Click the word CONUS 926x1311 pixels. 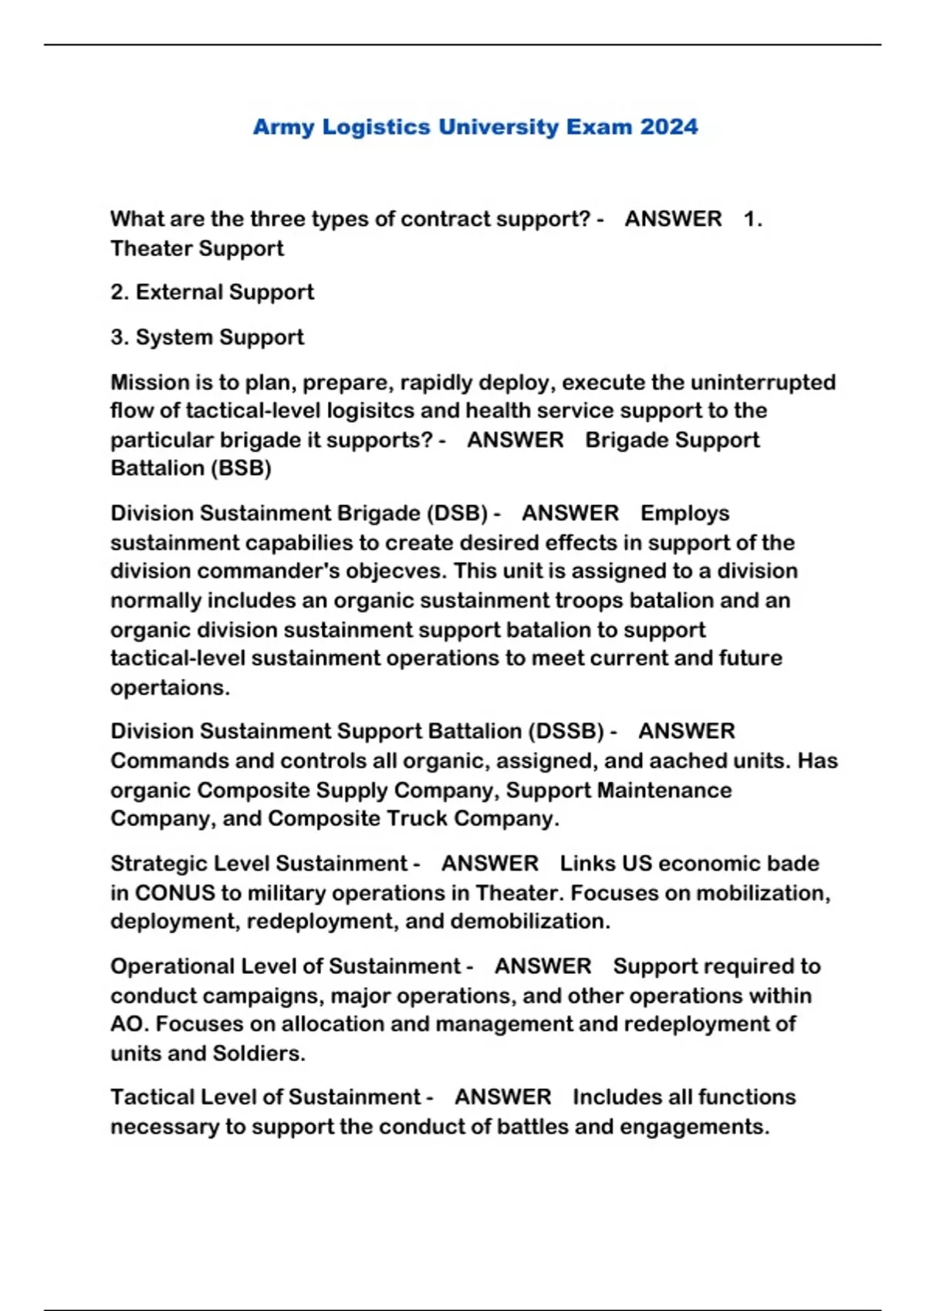pyautogui.click(x=174, y=893)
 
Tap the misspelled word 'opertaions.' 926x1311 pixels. pyautogui.click(x=170, y=688)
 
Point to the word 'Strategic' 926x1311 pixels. pyautogui.click(x=160, y=864)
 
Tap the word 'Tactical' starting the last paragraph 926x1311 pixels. pyautogui.click(x=155, y=1097)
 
